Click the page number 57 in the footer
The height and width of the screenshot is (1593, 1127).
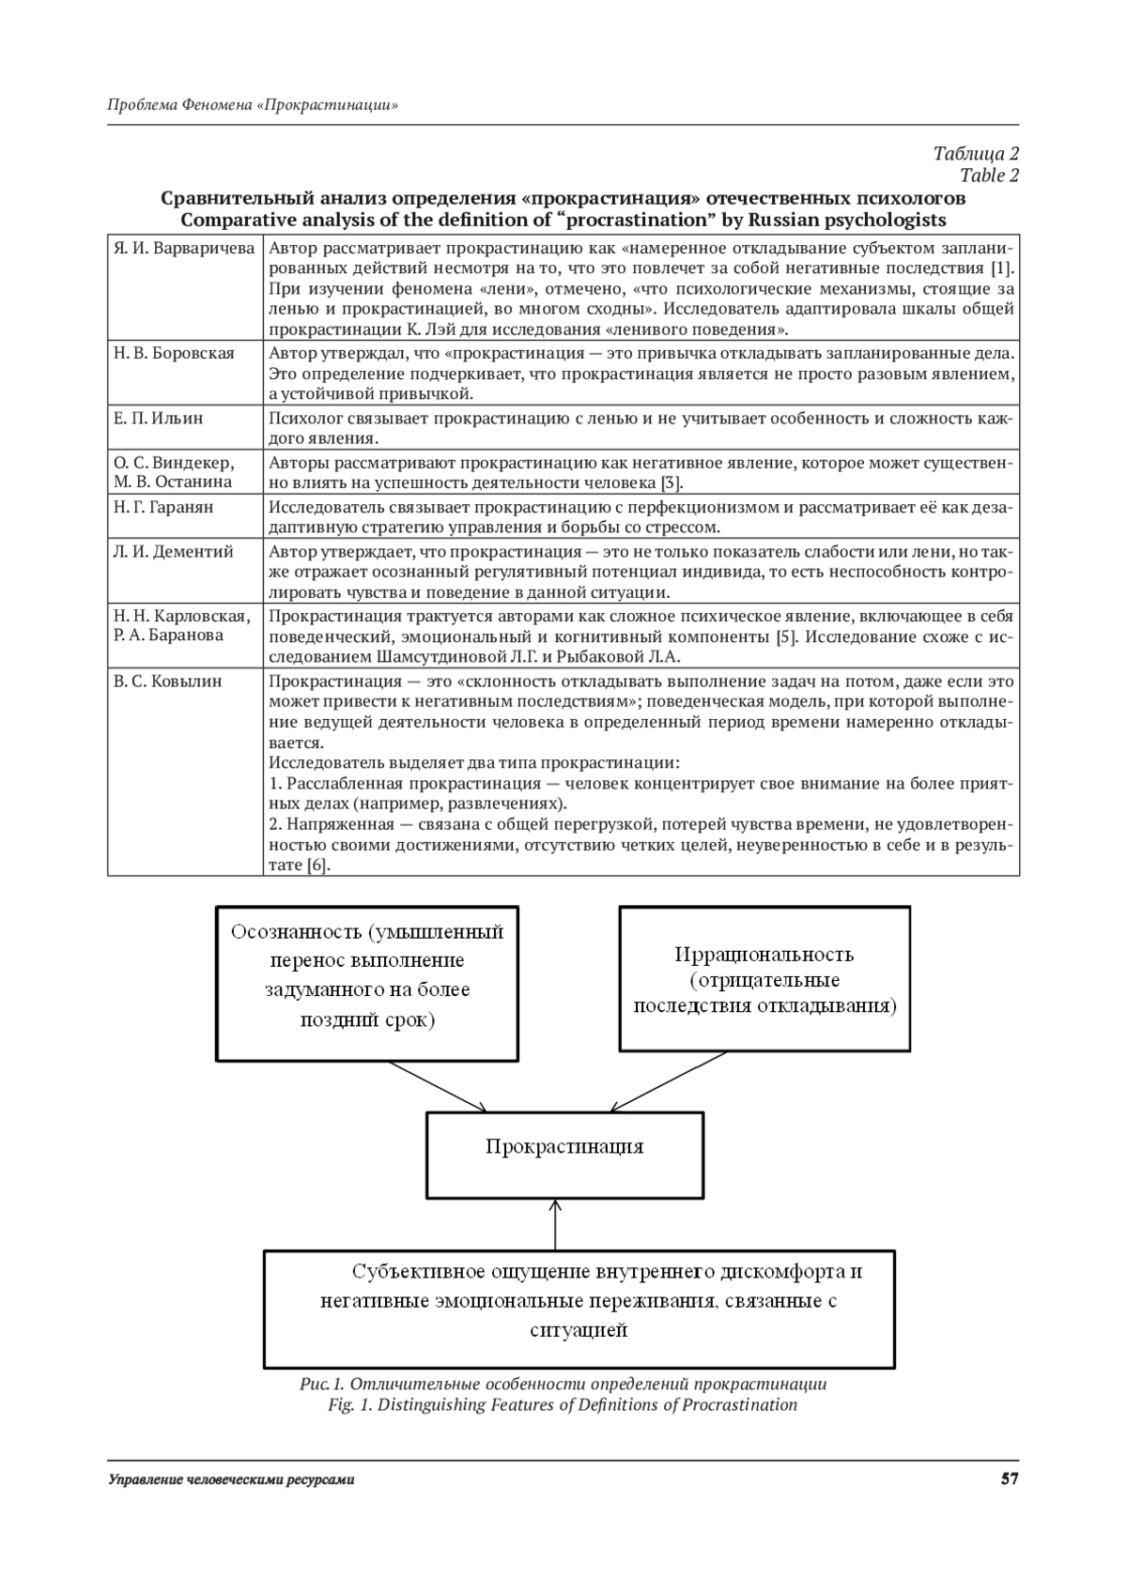click(x=1009, y=1479)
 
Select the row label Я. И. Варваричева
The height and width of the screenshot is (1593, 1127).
click(x=184, y=249)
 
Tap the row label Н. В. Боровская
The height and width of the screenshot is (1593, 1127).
click(x=174, y=353)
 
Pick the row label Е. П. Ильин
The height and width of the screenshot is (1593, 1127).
click(x=158, y=418)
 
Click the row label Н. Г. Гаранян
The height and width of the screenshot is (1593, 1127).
click(x=163, y=507)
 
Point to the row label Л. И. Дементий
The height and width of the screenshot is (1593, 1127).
click(x=173, y=552)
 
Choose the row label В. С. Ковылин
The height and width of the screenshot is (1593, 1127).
click(x=167, y=682)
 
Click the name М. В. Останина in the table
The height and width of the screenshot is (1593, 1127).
click(x=173, y=482)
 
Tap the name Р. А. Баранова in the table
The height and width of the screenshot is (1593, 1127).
click(x=169, y=636)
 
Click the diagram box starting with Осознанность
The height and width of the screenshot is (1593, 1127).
click(x=367, y=983)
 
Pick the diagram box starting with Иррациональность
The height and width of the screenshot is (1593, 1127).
click(x=764, y=978)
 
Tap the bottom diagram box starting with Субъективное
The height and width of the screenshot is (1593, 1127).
click(x=579, y=1308)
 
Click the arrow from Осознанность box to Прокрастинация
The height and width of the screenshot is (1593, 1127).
click(x=437, y=1086)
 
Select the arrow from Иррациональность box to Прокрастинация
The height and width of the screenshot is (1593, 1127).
click(x=669, y=1082)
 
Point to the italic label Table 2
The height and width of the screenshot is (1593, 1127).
click(x=989, y=176)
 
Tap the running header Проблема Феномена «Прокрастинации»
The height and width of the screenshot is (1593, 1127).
click(x=253, y=105)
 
